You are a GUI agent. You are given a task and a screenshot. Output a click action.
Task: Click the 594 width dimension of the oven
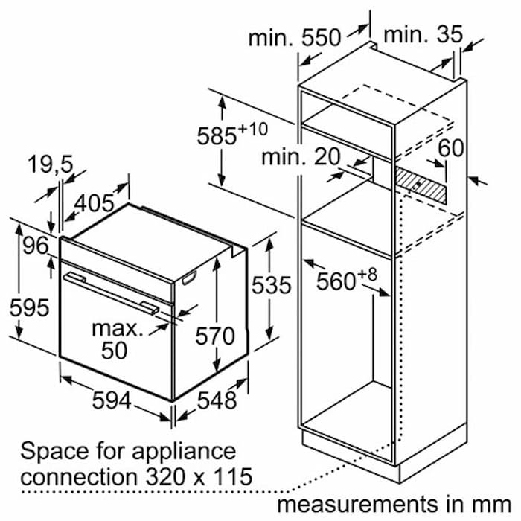coord(112,400)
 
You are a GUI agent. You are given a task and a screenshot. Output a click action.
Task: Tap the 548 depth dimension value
coord(217,400)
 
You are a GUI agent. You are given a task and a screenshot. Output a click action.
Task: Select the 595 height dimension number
coord(29,307)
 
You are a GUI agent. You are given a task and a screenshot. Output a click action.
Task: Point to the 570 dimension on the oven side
coord(215,336)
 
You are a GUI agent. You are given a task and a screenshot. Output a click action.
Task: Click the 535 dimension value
coord(272,285)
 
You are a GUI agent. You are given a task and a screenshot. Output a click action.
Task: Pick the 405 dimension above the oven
coord(95,203)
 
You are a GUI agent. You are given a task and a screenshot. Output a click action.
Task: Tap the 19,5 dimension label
coord(51,164)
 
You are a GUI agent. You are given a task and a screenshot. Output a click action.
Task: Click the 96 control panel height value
coord(36,246)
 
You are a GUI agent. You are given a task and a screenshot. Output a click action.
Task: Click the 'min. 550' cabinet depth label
coord(295,37)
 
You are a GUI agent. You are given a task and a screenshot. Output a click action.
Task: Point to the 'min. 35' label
coord(423,34)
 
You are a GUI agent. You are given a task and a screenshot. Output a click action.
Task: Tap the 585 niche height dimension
coord(232,134)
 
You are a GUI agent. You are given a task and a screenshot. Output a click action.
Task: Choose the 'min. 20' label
coord(301,157)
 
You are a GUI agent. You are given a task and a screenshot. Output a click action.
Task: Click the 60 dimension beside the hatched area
coord(451,147)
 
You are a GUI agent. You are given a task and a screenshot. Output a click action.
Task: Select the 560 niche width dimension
coord(347,279)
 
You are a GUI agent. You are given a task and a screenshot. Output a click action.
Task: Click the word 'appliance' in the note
coord(184,452)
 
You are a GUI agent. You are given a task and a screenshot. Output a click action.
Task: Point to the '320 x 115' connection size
coord(199,477)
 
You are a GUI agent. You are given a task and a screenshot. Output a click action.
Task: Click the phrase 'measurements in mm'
coord(394,503)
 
